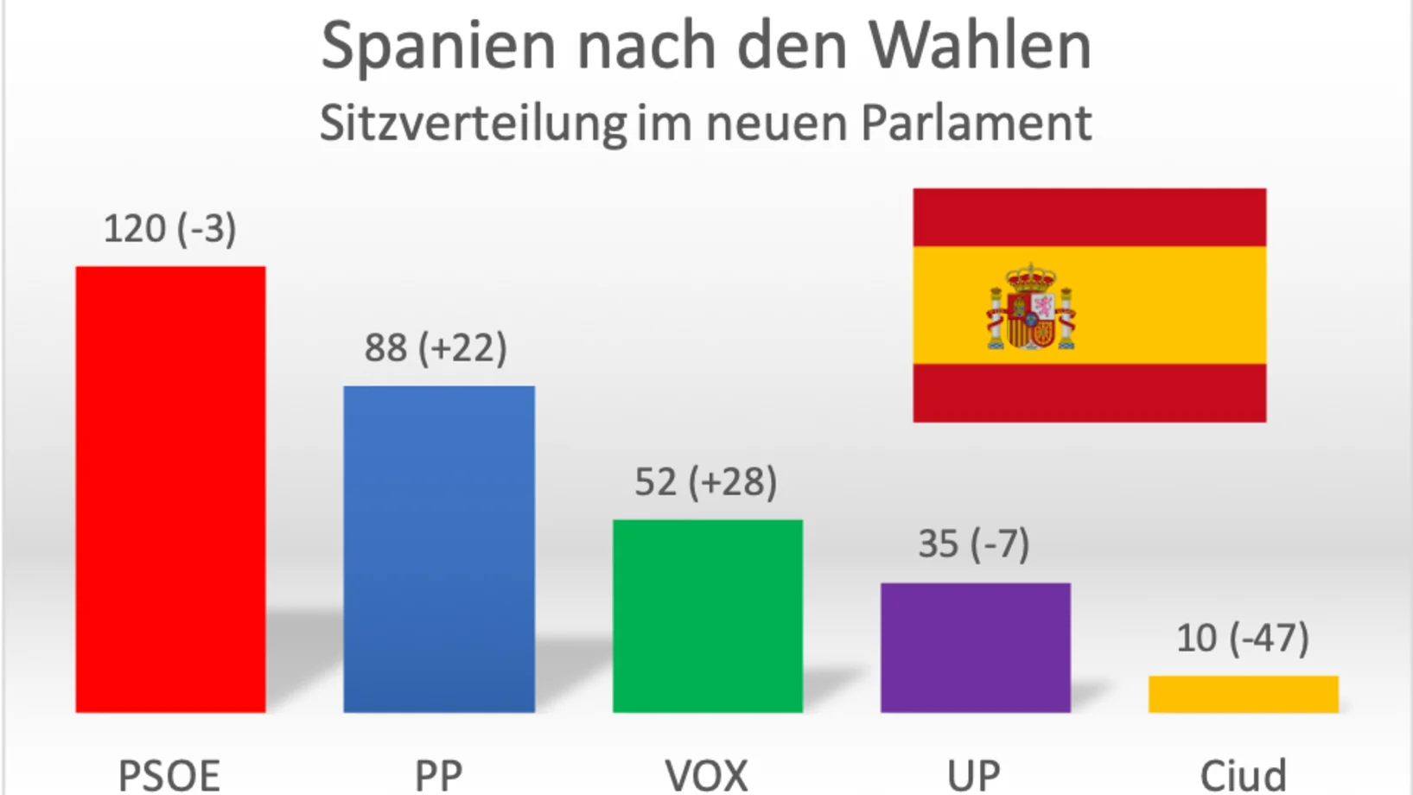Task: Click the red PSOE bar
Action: (170, 489)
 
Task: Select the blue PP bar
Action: (439, 549)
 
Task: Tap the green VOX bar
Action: (707, 615)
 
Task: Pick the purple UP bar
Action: (975, 647)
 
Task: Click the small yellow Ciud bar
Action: (1243, 694)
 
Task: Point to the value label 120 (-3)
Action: (170, 229)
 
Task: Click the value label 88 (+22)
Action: (436, 348)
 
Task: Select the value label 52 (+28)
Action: (705, 482)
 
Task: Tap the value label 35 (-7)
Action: (973, 544)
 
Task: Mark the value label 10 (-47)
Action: (1243, 639)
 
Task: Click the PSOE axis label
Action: (169, 775)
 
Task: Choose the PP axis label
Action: (438, 775)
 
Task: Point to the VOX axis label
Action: (706, 775)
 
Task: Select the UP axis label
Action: (974, 775)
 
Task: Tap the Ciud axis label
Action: (1243, 775)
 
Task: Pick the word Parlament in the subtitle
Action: (977, 123)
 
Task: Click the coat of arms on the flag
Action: (1031, 308)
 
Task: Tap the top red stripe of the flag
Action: (1089, 217)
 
